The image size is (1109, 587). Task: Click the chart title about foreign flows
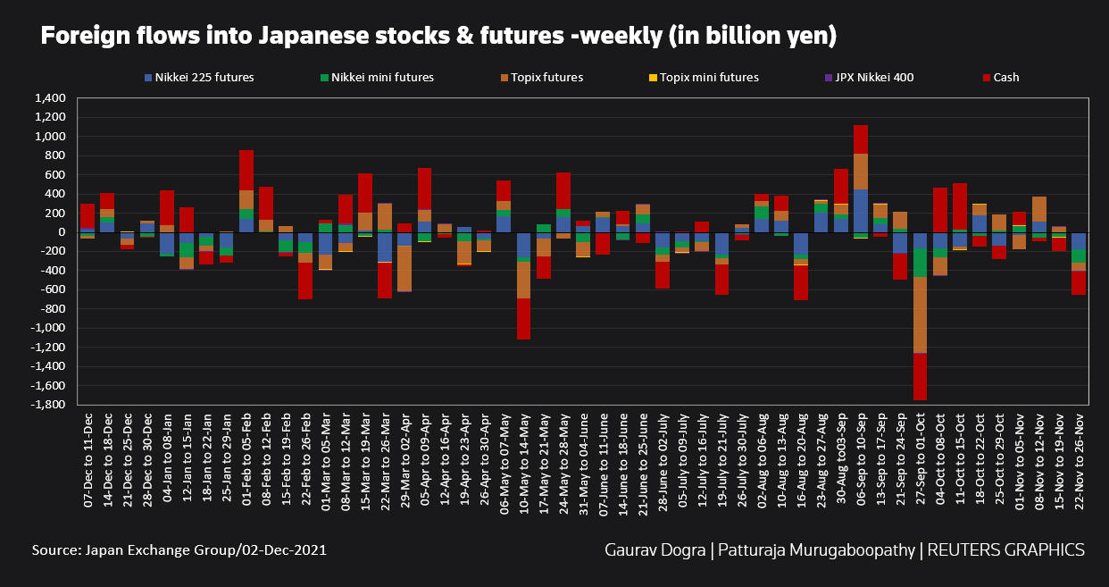pyautogui.click(x=438, y=37)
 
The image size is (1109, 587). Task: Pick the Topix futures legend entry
pyautogui.click(x=542, y=78)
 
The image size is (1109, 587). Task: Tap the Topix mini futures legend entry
pyautogui.click(x=706, y=78)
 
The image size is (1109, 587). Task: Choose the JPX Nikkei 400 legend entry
pyautogui.click(x=871, y=78)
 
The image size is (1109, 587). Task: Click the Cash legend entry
pyautogui.click(x=1005, y=78)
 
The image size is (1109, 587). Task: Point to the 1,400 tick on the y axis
pyautogui.click(x=51, y=98)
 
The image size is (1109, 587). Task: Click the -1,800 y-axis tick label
pyautogui.click(x=48, y=405)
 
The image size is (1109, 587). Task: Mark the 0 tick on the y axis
pyautogui.click(x=63, y=232)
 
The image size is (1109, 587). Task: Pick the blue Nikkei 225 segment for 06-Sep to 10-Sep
pyautogui.click(x=861, y=211)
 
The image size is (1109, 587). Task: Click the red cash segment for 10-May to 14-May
pyautogui.click(x=524, y=319)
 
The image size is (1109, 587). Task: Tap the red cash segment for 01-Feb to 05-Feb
pyautogui.click(x=246, y=170)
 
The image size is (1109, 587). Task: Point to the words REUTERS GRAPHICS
pyautogui.click(x=1007, y=549)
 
